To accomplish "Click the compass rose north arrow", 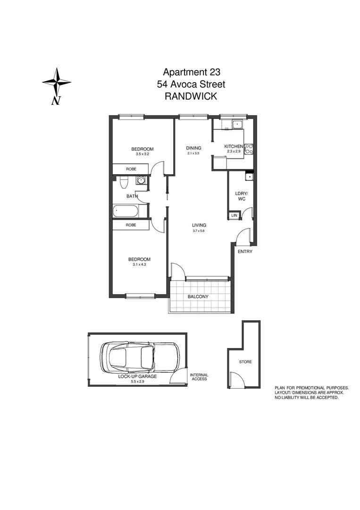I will click(57, 82).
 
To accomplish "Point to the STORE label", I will click(245, 362).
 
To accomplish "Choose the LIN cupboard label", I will click(234, 216).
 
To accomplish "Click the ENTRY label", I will click(245, 251).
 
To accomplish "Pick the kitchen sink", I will click(237, 125).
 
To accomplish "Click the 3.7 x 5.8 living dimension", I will click(199, 231).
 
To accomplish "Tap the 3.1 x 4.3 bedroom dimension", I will click(140, 265).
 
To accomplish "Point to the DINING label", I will click(193, 148).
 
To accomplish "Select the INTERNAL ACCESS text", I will click(198, 377).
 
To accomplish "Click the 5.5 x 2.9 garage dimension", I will click(137, 382).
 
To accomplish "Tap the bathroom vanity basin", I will click(140, 180).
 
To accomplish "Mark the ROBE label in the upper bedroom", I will click(131, 169).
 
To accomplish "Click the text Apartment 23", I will click(192, 72).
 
